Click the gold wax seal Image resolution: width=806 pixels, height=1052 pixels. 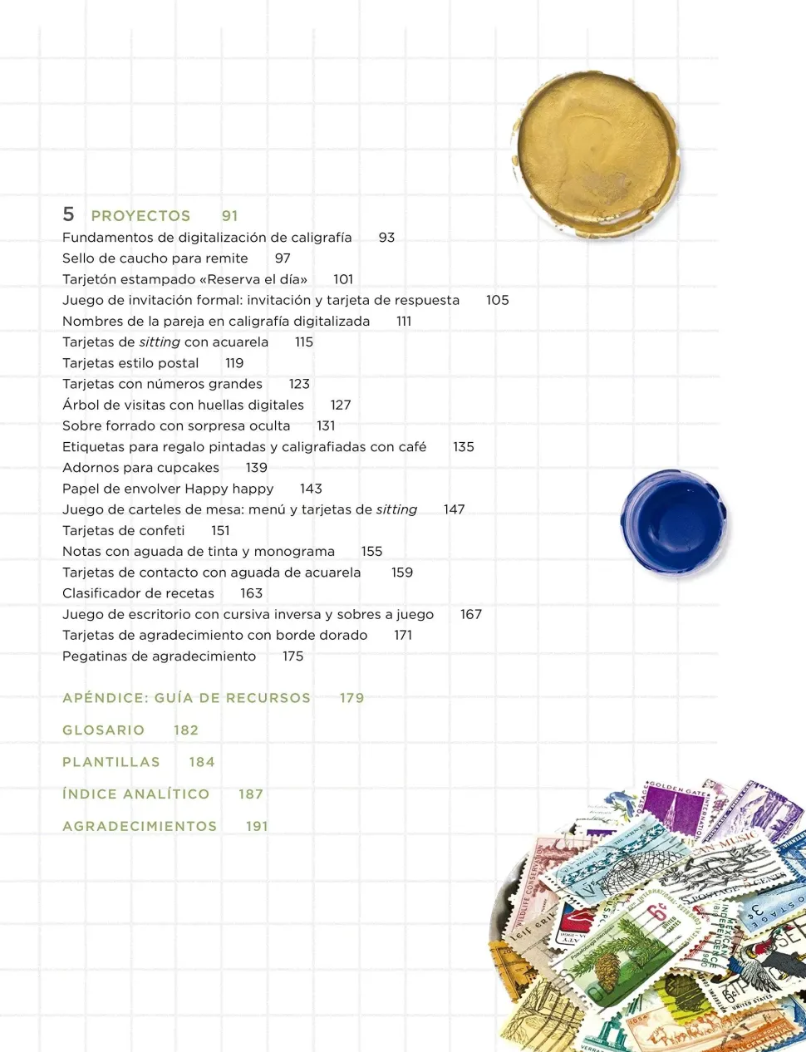[597, 155]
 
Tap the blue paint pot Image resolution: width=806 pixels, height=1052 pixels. [673, 522]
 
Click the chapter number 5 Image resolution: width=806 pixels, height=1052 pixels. [68, 214]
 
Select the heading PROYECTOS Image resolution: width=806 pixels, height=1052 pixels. [140, 216]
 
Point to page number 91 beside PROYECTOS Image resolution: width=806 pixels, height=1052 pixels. [230, 216]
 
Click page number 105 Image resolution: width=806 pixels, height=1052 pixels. [497, 300]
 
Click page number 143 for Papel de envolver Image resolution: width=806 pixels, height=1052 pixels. [311, 489]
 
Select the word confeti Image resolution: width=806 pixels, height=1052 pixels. [162, 530]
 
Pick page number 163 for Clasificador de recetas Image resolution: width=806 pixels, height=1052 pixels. [251, 593]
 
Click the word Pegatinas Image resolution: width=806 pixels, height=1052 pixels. [94, 656]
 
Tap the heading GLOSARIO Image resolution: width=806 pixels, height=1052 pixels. [103, 730]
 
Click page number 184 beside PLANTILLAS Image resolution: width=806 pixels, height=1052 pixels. [202, 762]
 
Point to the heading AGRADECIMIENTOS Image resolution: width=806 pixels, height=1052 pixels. [140, 826]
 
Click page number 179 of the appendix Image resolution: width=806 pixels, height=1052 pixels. [351, 698]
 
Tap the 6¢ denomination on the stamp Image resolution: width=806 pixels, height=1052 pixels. [658, 912]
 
